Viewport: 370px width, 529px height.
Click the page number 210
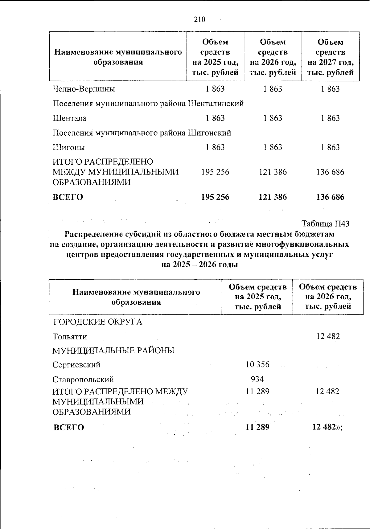[199, 20]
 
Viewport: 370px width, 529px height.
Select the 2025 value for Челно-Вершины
[215, 89]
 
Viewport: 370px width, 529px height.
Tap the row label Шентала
[69, 118]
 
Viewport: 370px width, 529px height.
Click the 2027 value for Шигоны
[330, 147]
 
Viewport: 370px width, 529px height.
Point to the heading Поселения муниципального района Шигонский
[142, 133]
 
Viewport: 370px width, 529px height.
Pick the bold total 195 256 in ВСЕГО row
[215, 197]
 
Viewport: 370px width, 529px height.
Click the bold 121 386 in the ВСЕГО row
[273, 197]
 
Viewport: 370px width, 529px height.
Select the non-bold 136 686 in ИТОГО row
[330, 172]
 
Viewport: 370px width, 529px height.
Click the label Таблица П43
[325, 223]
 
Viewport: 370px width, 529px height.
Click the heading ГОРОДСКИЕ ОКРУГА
[98, 322]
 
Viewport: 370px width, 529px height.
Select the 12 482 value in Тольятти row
[328, 336]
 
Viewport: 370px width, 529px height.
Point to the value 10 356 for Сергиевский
[257, 365]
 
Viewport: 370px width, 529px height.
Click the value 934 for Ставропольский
[257, 379]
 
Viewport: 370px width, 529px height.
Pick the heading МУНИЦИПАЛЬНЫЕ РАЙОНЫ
[113, 351]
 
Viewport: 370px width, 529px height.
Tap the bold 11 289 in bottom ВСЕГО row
[257, 427]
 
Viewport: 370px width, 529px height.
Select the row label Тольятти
[70, 336]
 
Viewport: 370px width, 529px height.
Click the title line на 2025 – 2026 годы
[199, 264]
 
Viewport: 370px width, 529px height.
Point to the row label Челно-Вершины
[84, 89]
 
